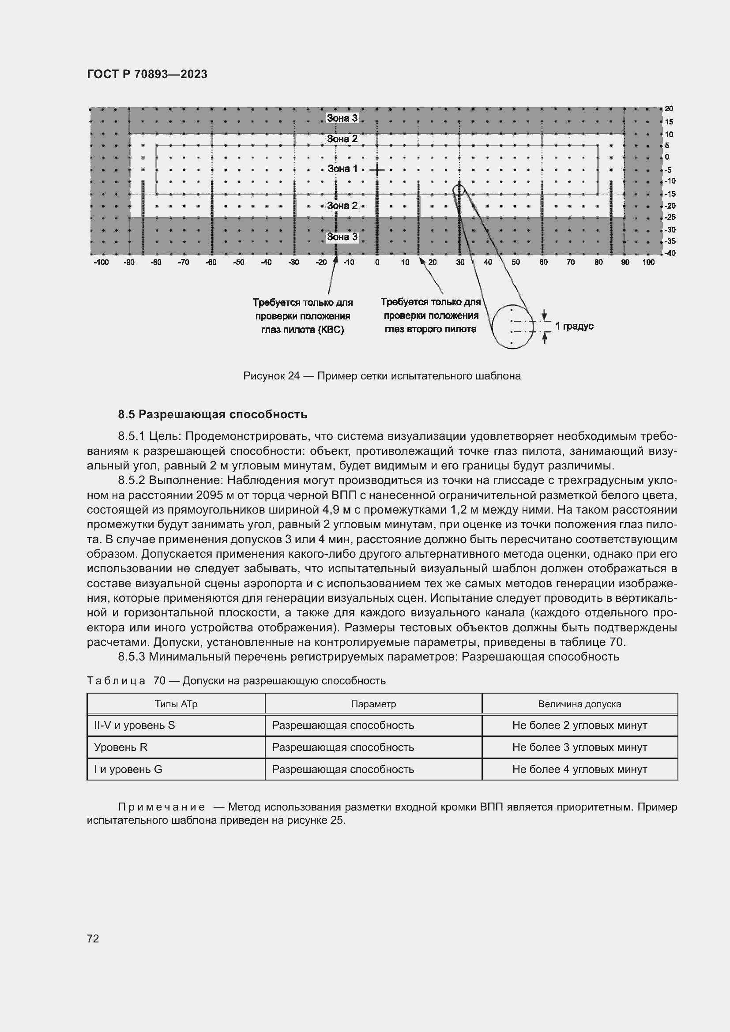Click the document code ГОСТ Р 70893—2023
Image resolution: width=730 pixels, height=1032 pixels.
[x=147, y=75]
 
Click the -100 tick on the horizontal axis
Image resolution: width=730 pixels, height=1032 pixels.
[x=101, y=262]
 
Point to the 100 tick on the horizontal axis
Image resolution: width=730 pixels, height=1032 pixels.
[x=648, y=262]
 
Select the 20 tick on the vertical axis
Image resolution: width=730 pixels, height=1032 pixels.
[x=669, y=109]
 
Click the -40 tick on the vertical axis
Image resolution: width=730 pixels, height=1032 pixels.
[x=670, y=253]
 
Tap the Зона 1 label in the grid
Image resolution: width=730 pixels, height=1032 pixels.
[x=342, y=169]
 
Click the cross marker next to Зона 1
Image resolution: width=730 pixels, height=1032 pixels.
[x=376, y=170]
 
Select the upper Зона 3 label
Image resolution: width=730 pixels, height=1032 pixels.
[x=342, y=118]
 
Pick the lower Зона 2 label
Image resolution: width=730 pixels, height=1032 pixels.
[x=342, y=206]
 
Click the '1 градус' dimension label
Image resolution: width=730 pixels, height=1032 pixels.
[x=574, y=326]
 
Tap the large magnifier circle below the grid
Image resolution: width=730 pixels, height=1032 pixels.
[x=512, y=326]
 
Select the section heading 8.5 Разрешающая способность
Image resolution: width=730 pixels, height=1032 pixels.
[x=213, y=414]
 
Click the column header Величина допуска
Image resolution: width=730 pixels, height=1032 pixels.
[x=579, y=704]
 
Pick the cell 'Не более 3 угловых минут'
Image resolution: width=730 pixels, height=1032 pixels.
[x=579, y=747]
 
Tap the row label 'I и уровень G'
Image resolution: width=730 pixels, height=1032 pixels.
[x=128, y=769]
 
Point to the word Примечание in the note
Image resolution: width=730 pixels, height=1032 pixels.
[x=162, y=807]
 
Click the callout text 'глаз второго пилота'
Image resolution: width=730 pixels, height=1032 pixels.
[x=430, y=329]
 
